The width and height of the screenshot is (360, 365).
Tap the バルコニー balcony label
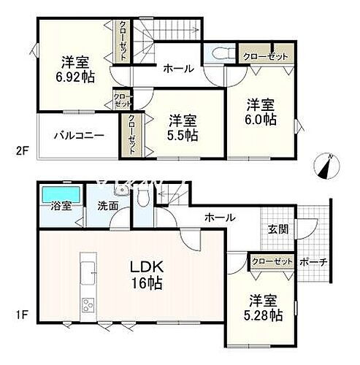tap(79, 135)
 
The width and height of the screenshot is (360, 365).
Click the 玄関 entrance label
tap(277, 228)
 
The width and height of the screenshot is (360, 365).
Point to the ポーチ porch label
tap(313, 262)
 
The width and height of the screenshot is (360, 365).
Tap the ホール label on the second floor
tap(178, 69)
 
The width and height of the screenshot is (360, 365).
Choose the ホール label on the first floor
tap(219, 218)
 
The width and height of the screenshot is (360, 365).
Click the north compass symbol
tap(326, 166)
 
